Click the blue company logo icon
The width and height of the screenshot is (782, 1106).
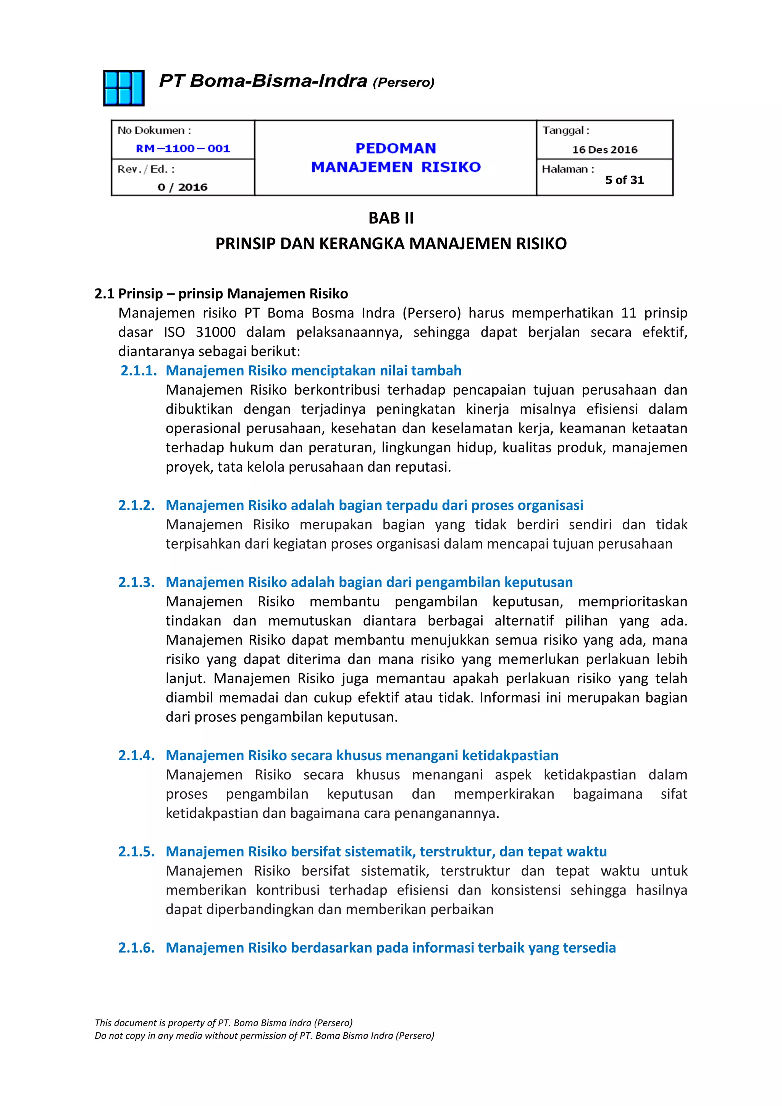click(124, 88)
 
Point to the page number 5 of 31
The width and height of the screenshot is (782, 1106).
click(624, 180)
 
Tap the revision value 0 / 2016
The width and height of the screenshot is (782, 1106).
click(182, 187)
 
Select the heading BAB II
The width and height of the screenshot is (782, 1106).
click(391, 218)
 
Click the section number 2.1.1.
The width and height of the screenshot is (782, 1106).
click(139, 371)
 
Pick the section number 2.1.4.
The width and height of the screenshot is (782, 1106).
click(136, 755)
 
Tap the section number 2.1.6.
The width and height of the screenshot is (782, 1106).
click(136, 948)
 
